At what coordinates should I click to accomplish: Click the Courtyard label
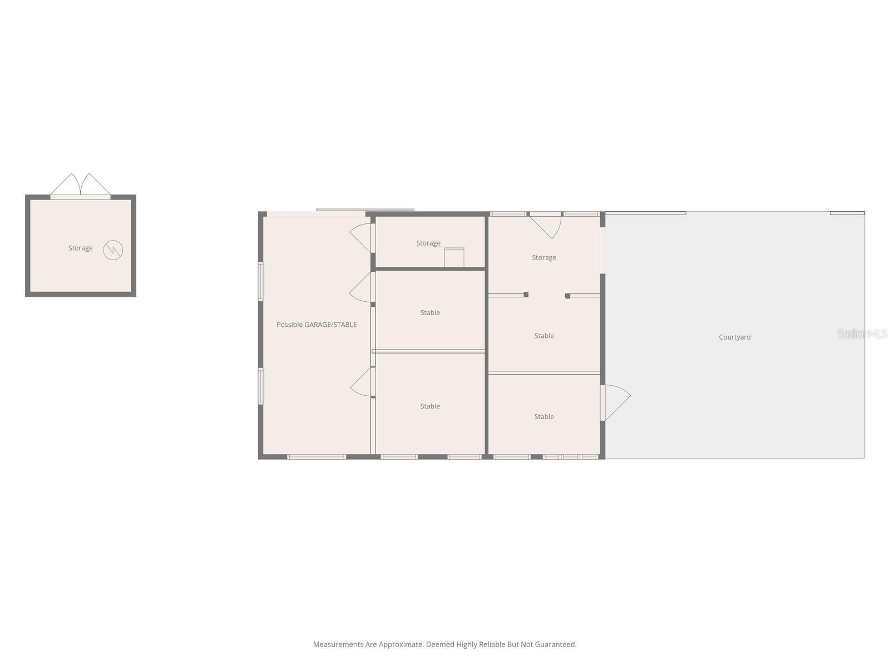(734, 337)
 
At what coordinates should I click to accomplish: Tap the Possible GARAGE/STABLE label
(317, 325)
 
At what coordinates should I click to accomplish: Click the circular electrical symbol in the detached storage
(113, 250)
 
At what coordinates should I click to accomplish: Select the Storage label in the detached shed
(80, 248)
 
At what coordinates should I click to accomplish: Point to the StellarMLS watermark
(862, 333)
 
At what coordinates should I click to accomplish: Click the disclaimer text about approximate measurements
(444, 644)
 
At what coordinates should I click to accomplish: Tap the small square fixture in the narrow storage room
(454, 257)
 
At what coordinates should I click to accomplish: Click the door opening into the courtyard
(615, 402)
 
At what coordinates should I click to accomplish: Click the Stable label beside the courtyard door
(543, 416)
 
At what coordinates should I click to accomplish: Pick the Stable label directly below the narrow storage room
(429, 312)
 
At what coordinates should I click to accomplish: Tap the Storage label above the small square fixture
(428, 243)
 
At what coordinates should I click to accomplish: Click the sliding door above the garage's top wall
(365, 210)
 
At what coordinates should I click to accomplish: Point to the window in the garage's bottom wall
(316, 457)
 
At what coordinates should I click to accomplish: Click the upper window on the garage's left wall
(260, 281)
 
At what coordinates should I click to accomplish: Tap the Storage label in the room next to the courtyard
(543, 257)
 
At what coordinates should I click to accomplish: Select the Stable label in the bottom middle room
(429, 406)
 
